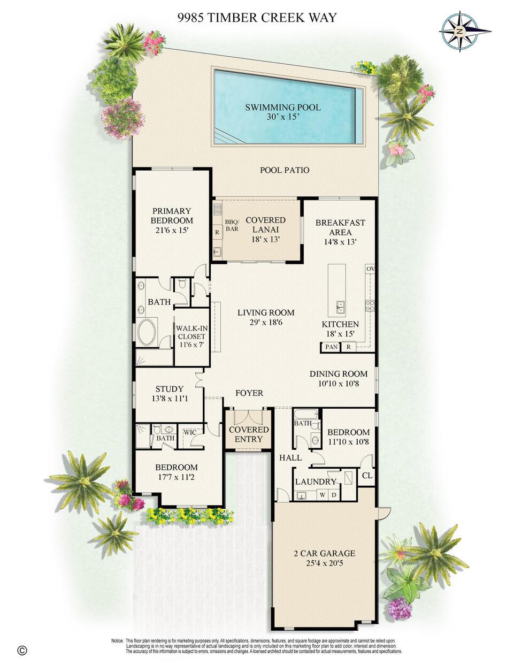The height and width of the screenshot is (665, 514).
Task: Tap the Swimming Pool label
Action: [283, 112]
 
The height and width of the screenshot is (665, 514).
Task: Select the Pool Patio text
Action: [285, 170]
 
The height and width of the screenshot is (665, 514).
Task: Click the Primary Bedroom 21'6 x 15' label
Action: [172, 220]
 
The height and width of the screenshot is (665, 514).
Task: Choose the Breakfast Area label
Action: [340, 232]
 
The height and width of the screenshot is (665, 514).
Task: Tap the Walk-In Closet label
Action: [192, 337]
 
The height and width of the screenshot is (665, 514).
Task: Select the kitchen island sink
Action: [340, 307]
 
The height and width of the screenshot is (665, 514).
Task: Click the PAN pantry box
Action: [331, 347]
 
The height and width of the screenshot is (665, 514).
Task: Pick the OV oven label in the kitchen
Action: [370, 269]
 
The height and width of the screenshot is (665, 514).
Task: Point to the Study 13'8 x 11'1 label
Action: [170, 394]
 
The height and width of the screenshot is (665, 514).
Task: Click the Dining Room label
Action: [339, 378]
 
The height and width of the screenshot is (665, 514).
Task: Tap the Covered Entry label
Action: [248, 434]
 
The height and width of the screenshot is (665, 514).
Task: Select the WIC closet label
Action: [190, 432]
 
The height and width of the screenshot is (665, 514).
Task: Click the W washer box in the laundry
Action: [323, 495]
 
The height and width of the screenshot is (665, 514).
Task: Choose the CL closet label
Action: [367, 476]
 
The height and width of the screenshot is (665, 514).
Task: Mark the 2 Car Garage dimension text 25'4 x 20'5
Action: [324, 563]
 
